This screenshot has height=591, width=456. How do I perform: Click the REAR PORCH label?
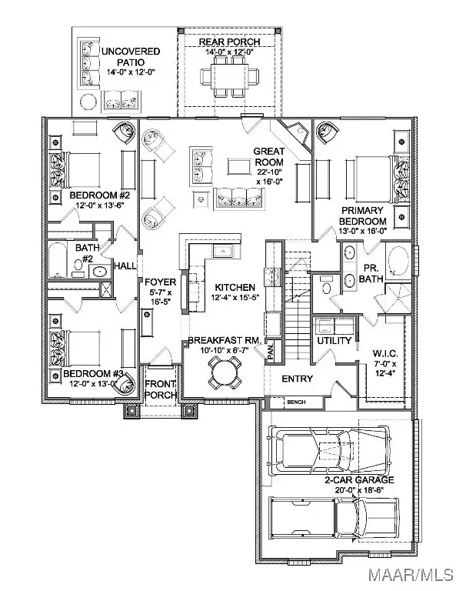tap(229, 42)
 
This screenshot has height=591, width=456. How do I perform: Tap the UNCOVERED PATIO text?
tap(131, 56)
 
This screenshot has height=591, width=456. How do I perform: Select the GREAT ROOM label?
tap(269, 157)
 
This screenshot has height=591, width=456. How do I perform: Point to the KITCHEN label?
tap(235, 287)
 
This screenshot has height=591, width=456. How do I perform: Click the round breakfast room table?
tap(224, 373)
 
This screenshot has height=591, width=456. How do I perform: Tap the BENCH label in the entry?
tap(296, 402)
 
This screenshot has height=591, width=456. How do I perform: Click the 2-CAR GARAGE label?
tap(360, 480)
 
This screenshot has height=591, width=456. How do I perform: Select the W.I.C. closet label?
tap(384, 353)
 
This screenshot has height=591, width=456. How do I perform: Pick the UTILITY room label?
tap(335, 341)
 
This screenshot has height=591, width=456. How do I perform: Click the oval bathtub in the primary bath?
tap(398, 261)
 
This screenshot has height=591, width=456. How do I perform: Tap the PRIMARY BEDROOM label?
tap(363, 215)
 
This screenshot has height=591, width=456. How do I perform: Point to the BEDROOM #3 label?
tap(93, 373)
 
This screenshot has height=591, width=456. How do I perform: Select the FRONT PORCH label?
tap(161, 389)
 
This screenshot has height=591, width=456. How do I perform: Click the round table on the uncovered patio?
tap(89, 102)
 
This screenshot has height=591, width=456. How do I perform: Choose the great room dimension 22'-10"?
tap(269, 172)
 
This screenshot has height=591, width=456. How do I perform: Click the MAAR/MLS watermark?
tap(411, 575)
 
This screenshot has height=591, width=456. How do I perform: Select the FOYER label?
tap(161, 282)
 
